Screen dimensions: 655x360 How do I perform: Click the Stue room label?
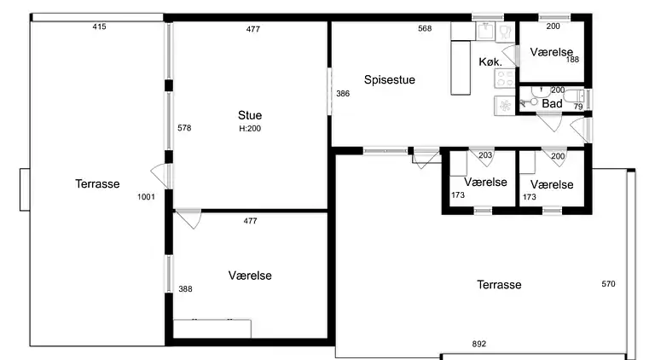[x=250, y=115]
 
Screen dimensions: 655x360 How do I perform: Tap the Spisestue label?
[x=389, y=80]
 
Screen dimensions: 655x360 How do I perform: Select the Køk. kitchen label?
[x=490, y=61]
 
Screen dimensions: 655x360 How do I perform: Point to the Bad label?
[x=552, y=103]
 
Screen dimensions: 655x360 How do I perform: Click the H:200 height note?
[x=250, y=129]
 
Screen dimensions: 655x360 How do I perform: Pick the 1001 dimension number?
[x=146, y=197]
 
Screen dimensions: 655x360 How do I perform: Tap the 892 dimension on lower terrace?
[x=479, y=344]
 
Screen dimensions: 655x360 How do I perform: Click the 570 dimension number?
[x=608, y=284]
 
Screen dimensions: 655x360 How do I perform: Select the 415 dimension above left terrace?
[x=100, y=26]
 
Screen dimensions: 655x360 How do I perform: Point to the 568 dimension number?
[x=425, y=28]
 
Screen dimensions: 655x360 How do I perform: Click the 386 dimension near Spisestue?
[x=343, y=94]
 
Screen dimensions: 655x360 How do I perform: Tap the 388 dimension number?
[x=185, y=288]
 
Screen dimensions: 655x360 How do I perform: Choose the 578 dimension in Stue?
[x=184, y=128]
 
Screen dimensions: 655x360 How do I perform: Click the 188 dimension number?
[x=573, y=60]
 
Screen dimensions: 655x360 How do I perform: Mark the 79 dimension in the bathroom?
[x=578, y=107]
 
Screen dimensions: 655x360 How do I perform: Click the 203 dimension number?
[x=485, y=155]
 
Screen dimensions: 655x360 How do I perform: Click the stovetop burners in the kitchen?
[x=505, y=78]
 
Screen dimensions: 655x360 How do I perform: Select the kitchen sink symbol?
[x=486, y=32]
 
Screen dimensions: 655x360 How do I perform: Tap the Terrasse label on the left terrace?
[x=97, y=183]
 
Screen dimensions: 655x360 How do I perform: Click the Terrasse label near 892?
[x=499, y=285]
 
